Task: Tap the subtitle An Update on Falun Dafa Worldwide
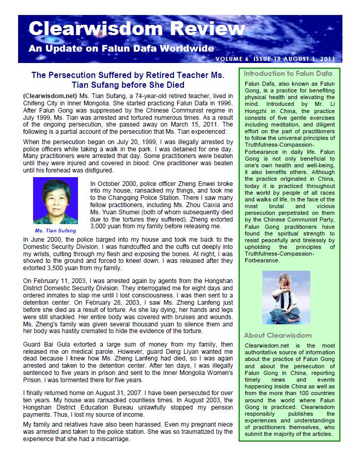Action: point(121,50)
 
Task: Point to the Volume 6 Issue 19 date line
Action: point(283,59)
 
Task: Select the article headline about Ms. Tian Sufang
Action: point(128,80)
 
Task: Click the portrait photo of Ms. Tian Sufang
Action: point(55,200)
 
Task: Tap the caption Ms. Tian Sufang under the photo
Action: point(55,230)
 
